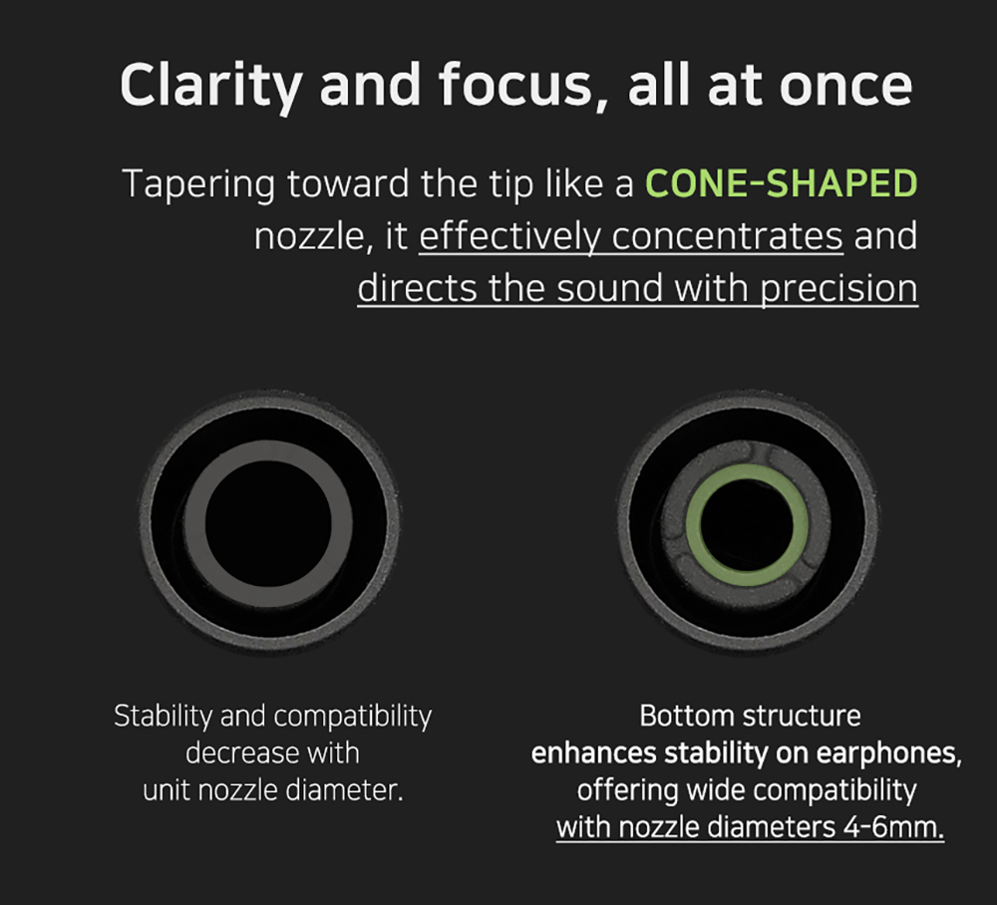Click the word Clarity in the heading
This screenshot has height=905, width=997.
click(x=210, y=87)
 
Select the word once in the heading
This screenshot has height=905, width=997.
click(x=845, y=87)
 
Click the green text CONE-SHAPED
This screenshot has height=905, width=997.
click(x=782, y=183)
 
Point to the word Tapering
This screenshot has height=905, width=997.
click(x=198, y=185)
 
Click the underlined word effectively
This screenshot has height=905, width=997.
click(x=509, y=237)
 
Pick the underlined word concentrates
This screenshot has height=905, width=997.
click(x=728, y=237)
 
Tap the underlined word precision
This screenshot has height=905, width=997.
click(x=839, y=290)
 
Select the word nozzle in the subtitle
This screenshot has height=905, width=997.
click(x=309, y=237)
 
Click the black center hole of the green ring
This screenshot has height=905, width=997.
click(x=747, y=525)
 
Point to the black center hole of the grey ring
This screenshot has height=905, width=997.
click(x=268, y=523)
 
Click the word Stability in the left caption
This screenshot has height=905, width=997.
click(x=164, y=717)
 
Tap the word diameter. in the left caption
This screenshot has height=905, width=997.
click(x=345, y=791)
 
